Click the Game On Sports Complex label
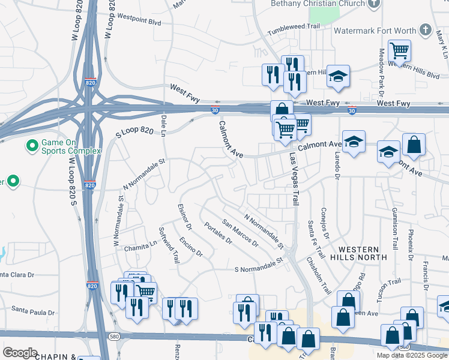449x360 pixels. point(71,146)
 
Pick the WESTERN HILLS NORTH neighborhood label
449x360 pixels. point(358,253)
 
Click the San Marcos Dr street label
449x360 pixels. point(240,233)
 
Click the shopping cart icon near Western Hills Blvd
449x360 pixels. point(399,51)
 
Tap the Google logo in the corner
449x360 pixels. point(20,353)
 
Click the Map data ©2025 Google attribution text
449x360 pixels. point(411,355)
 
